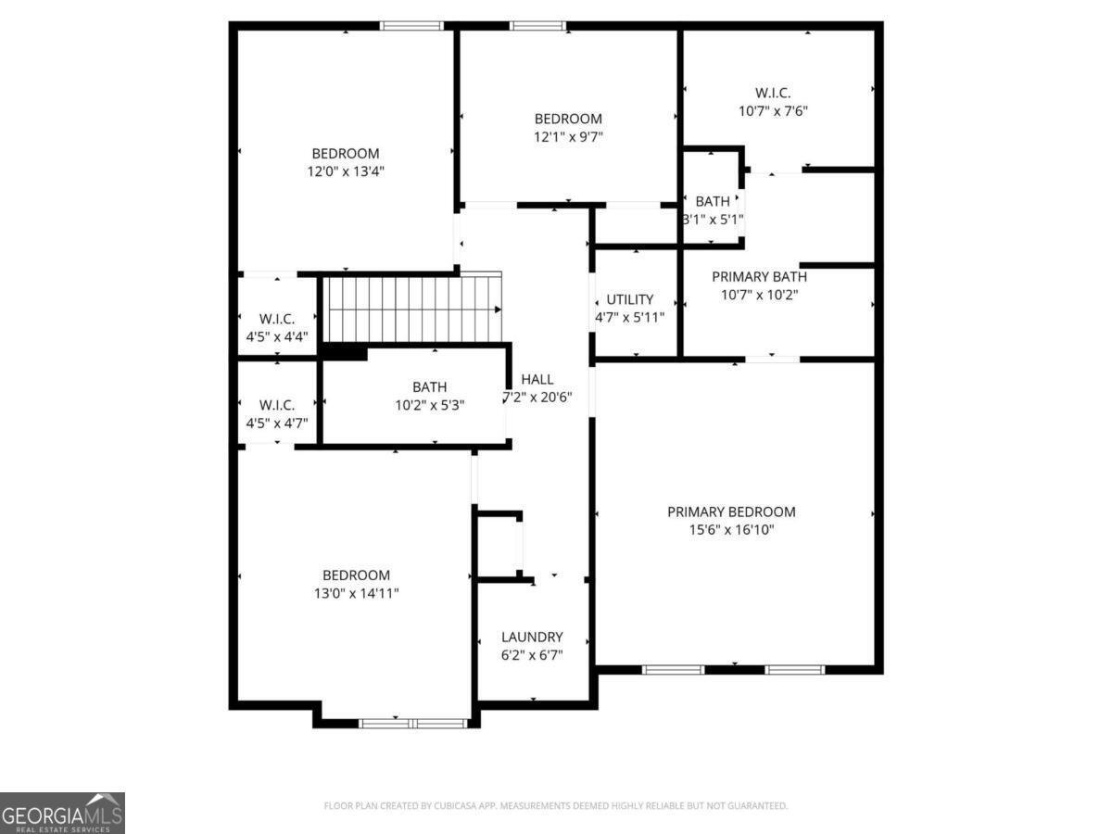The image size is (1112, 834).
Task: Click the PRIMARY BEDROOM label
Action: (731, 512)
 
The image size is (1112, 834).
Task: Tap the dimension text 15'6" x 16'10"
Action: (731, 530)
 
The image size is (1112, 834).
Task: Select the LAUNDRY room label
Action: (532, 637)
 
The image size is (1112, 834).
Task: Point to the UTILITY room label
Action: (630, 299)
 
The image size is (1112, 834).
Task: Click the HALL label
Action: (537, 379)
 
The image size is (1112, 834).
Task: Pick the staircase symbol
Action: (413, 309)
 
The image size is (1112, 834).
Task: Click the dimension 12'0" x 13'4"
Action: (346, 171)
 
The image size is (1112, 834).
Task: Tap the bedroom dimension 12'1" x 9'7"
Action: (568, 136)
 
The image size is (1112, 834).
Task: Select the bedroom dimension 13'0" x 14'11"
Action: (356, 593)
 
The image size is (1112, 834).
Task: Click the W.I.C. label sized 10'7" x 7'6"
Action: (773, 93)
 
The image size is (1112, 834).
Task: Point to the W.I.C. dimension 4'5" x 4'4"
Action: (277, 336)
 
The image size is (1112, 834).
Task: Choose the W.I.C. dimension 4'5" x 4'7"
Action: (277, 423)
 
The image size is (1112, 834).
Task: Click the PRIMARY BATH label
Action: (759, 276)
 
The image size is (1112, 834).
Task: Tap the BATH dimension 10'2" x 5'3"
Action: (430, 405)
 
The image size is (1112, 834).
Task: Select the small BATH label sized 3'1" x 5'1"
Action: (713, 201)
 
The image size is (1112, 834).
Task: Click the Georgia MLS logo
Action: (62, 813)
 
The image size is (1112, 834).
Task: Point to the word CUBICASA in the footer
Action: (460, 806)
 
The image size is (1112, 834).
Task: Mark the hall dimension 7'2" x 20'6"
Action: (537, 397)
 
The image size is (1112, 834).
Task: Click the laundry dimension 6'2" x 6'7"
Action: (532, 654)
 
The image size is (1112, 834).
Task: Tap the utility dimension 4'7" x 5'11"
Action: (630, 317)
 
